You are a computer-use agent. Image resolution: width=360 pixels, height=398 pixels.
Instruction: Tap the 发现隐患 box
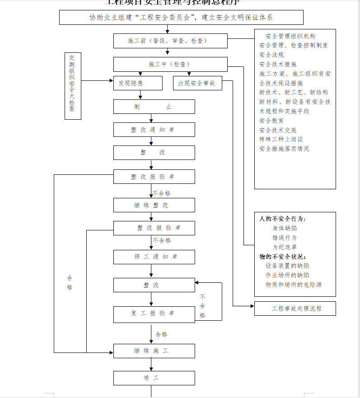coord(137,83)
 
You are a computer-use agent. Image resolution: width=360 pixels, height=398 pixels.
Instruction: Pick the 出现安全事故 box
coord(197,83)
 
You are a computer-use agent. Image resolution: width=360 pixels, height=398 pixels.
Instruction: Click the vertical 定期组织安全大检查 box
coord(73,85)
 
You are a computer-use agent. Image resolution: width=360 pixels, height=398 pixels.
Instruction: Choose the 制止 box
coord(154,107)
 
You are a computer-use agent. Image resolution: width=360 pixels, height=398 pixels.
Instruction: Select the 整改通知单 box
coord(154,130)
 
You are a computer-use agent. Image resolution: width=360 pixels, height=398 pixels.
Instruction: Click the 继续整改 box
coord(154,205)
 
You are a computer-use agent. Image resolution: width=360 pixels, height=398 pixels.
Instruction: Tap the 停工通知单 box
coord(154,257)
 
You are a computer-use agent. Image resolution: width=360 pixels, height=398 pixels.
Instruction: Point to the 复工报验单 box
coord(154,313)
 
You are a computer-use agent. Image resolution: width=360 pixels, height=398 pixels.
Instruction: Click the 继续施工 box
coord(154,351)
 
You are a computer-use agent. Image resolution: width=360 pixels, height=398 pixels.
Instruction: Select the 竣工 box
coord(154,378)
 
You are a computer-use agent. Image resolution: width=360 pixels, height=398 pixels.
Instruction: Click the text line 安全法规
coord(271,55)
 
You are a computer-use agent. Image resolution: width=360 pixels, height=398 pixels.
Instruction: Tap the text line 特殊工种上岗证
coord(281,139)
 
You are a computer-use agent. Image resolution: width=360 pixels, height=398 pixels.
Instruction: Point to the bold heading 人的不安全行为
coord(282,219)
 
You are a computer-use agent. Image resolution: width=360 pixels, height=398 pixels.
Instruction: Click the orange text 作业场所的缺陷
coord(288,275)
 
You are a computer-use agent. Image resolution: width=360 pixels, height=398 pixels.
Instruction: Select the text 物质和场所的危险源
coord(294,285)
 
